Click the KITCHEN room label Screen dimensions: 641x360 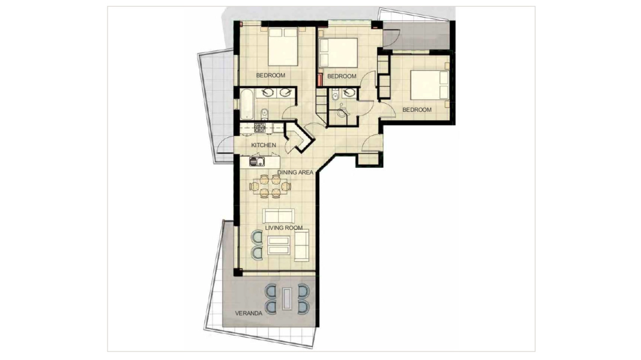[263, 145]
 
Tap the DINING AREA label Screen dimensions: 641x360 [295, 172]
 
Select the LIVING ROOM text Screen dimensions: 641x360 [284, 228]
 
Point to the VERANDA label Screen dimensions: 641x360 [248, 314]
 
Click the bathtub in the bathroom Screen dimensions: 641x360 [247, 103]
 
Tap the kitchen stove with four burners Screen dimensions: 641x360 [260, 127]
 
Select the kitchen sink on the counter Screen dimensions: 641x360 [257, 162]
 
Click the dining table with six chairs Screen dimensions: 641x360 [270, 187]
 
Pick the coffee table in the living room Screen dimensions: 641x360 [278, 245]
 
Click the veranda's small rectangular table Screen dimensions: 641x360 [287, 299]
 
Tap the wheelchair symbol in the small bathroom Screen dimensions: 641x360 [342, 110]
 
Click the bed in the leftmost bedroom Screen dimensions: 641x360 [283, 47]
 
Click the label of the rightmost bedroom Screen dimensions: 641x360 [417, 110]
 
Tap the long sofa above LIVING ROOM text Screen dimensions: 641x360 [279, 216]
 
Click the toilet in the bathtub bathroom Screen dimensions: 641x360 [264, 113]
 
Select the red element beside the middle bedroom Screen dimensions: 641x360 [319, 80]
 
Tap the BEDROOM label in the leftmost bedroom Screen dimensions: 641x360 [270, 75]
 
